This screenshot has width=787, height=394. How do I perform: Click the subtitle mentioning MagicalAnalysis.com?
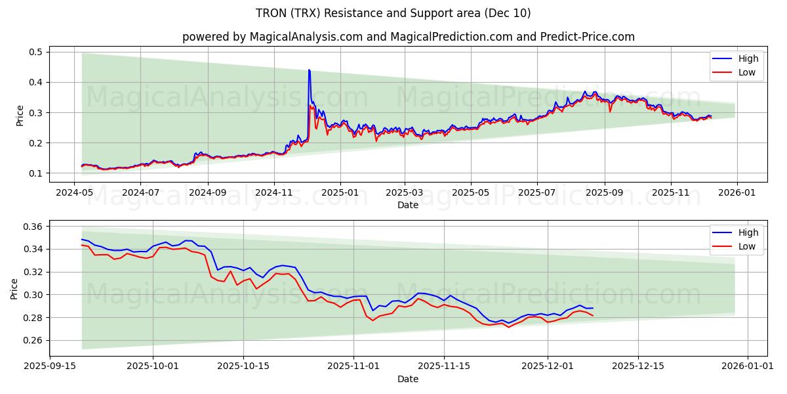click(x=408, y=37)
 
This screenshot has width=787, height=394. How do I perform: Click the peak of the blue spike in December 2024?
click(x=309, y=70)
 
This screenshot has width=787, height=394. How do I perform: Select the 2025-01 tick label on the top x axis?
click(x=340, y=193)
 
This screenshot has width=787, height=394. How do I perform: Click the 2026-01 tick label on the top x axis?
click(x=737, y=193)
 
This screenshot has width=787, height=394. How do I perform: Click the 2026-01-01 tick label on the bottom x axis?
click(x=748, y=366)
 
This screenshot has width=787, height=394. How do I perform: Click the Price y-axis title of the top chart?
click(x=20, y=115)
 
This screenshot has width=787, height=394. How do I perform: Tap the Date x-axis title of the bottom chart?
click(x=408, y=379)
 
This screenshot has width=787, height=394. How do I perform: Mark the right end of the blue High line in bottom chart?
click(x=593, y=308)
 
